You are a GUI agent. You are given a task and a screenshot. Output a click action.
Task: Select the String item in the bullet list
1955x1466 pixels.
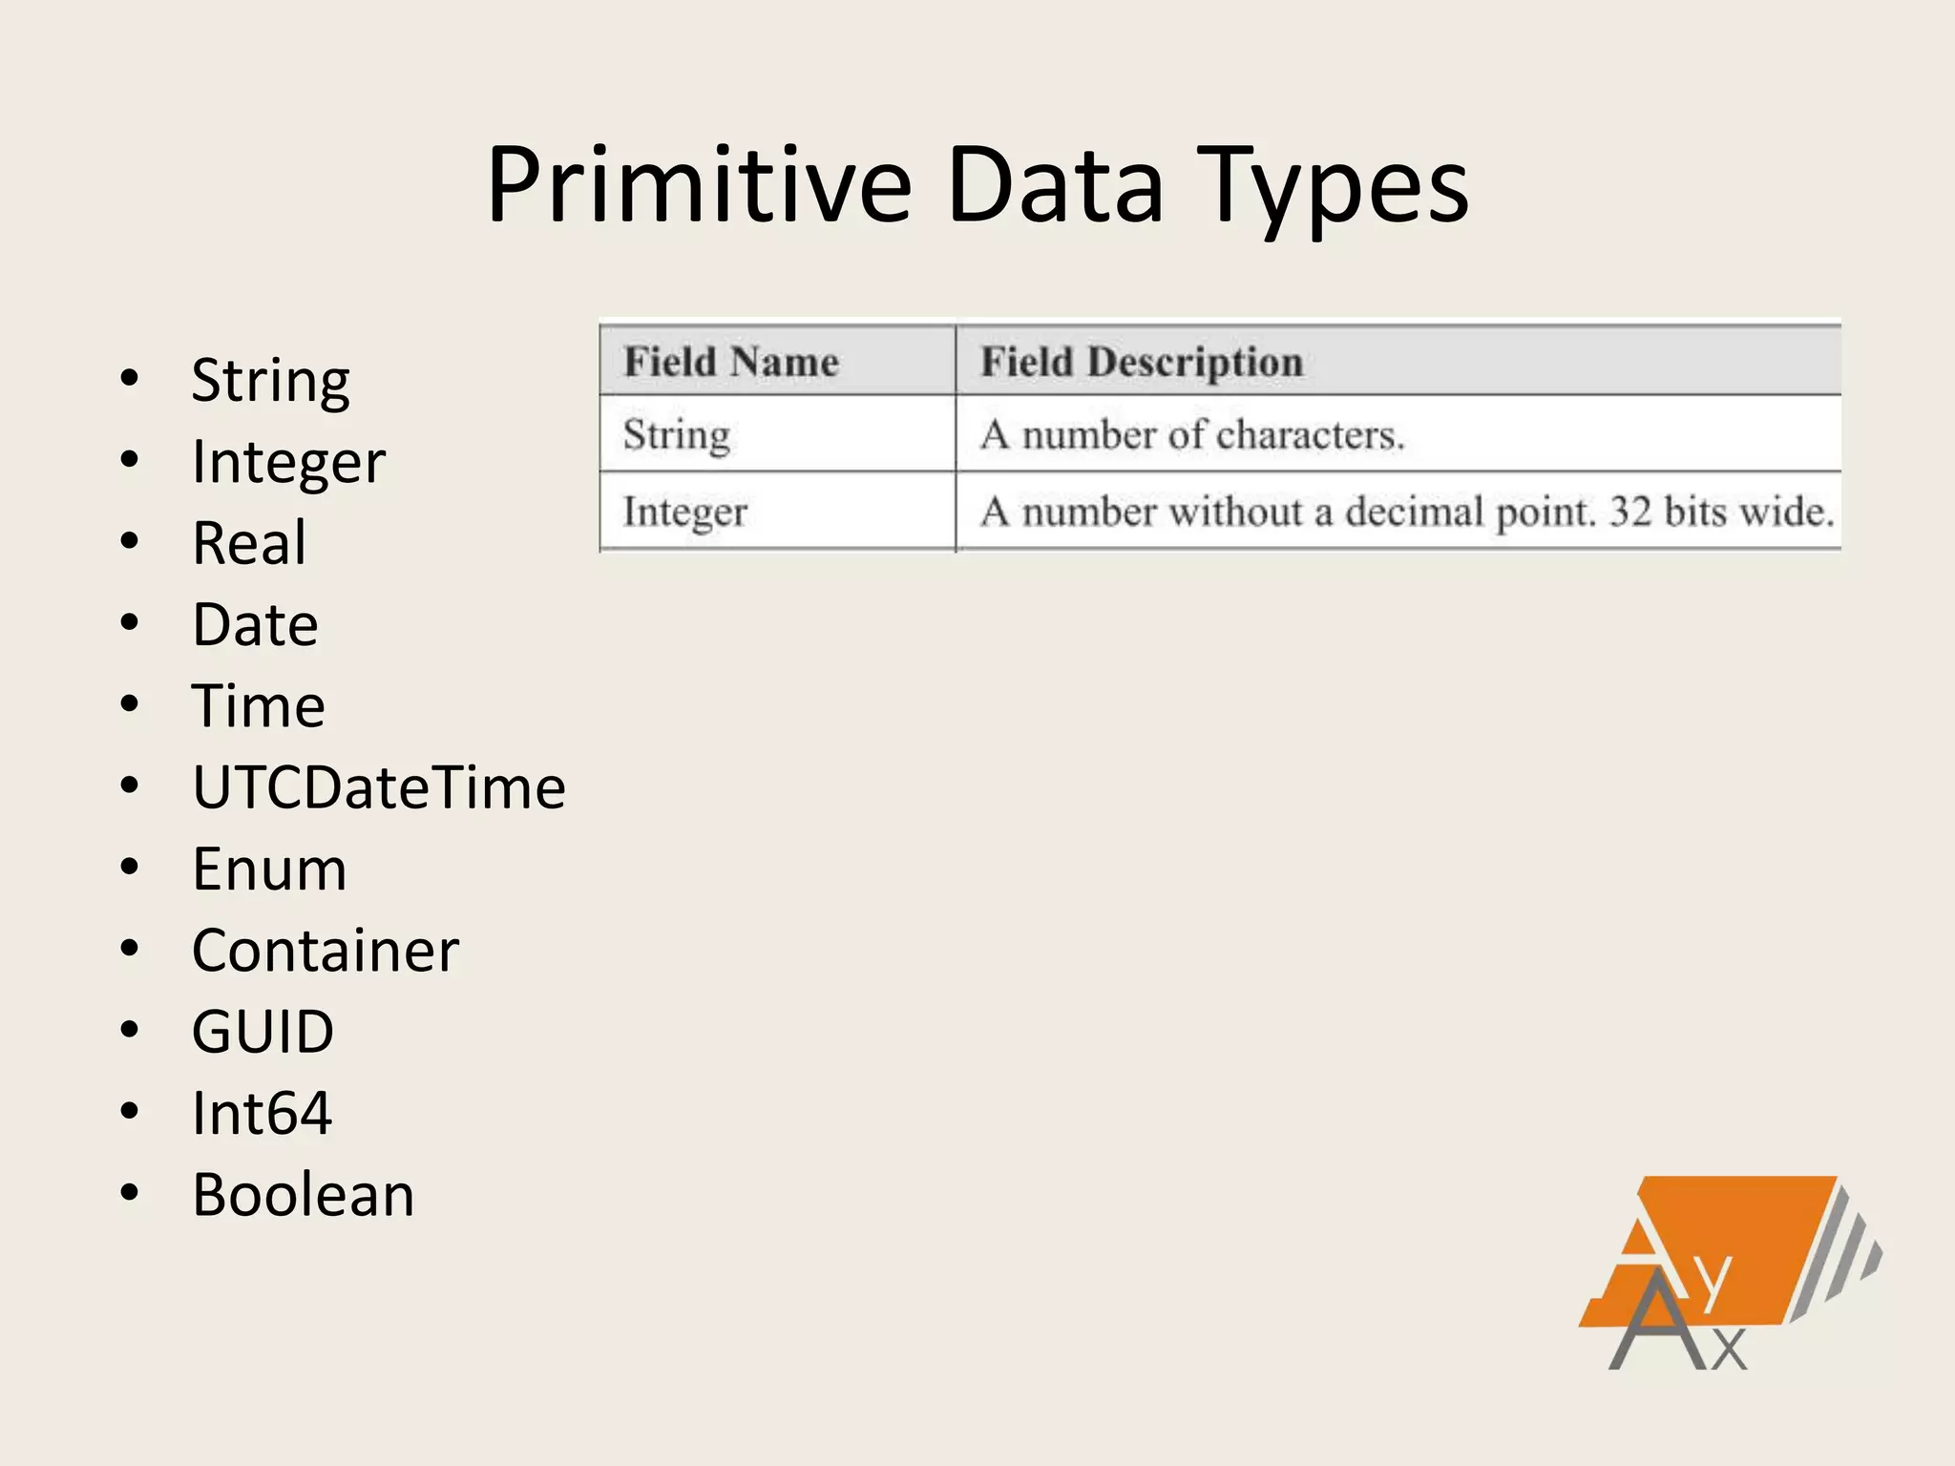[270, 381]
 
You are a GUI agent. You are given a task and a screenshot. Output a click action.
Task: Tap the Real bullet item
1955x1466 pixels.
[249, 543]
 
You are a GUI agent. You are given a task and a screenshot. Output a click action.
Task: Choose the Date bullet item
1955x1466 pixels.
[255, 625]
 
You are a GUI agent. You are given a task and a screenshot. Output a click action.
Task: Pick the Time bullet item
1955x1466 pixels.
[259, 706]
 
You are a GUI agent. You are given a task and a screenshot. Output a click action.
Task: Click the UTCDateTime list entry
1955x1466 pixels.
[379, 788]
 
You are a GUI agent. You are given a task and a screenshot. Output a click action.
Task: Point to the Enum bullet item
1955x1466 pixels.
[269, 869]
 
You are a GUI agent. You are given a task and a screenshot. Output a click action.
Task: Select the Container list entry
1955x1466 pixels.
[326, 951]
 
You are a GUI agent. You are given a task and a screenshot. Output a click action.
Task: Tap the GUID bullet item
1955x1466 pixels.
[263, 1032]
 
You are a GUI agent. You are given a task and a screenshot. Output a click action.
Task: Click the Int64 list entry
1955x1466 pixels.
[262, 1114]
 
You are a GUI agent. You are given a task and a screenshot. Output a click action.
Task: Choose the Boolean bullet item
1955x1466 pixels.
[304, 1195]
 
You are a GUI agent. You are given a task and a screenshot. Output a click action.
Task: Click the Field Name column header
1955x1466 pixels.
[731, 362]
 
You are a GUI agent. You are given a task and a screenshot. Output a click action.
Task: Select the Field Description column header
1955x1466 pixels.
[1142, 362]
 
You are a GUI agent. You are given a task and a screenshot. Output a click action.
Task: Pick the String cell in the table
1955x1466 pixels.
[677, 435]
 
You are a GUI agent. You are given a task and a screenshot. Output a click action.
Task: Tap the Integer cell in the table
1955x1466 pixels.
[684, 513]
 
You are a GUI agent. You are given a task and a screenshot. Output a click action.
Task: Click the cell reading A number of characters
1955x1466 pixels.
[1192, 435]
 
